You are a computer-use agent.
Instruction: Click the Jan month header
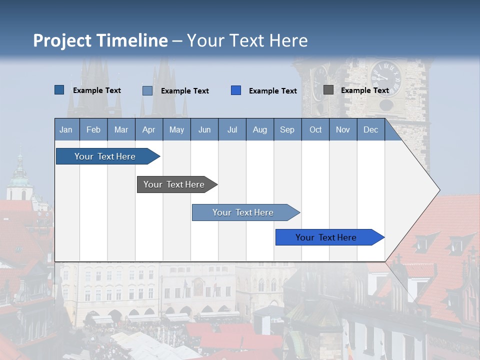coord(66,129)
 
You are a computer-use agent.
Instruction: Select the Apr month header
coord(149,129)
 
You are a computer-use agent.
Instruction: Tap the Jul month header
coord(232,129)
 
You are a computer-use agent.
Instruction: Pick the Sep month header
coord(287,129)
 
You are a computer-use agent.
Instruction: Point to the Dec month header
coord(370,129)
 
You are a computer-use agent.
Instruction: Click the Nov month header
coord(342,129)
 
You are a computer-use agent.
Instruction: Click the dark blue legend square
coord(59,90)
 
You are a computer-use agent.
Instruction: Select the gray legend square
coord(328,90)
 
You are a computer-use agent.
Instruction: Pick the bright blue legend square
coord(236,90)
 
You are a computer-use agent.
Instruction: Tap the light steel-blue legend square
coord(147,90)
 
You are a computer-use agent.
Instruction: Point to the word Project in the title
coord(63,40)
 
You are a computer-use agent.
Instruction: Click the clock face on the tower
coord(386,77)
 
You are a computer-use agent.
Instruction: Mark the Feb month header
coord(93,129)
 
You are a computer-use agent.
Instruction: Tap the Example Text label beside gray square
coord(364,90)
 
